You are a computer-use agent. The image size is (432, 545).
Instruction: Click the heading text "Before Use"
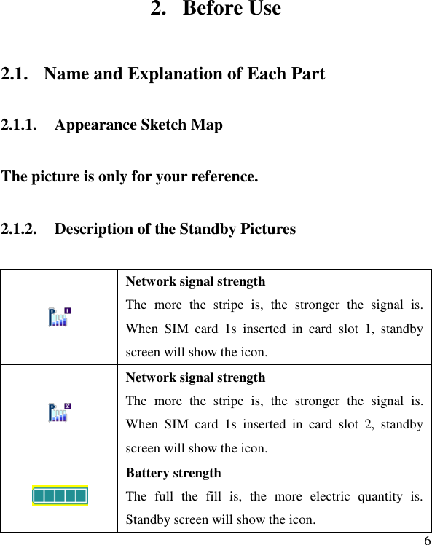coord(232,9)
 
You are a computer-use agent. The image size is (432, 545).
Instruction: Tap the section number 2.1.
coord(15,74)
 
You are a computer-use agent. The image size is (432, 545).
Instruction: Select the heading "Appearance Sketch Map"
coord(138,125)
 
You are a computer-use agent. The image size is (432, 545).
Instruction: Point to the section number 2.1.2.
coord(20,229)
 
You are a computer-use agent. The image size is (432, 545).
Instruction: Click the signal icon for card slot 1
coord(59,317)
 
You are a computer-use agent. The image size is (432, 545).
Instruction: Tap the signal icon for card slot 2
coord(59,412)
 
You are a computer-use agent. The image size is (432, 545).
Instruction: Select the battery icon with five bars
coord(60,496)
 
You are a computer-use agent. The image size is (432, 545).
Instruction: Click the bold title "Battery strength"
coord(173,473)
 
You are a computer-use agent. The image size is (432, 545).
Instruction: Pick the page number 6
coord(427,540)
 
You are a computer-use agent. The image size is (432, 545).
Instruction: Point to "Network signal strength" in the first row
coord(195,281)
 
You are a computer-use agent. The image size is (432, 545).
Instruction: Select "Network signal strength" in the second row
coord(195,377)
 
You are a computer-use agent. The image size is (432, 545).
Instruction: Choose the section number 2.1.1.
coord(20,125)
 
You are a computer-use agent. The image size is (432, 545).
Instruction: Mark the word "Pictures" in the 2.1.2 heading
coord(267,229)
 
